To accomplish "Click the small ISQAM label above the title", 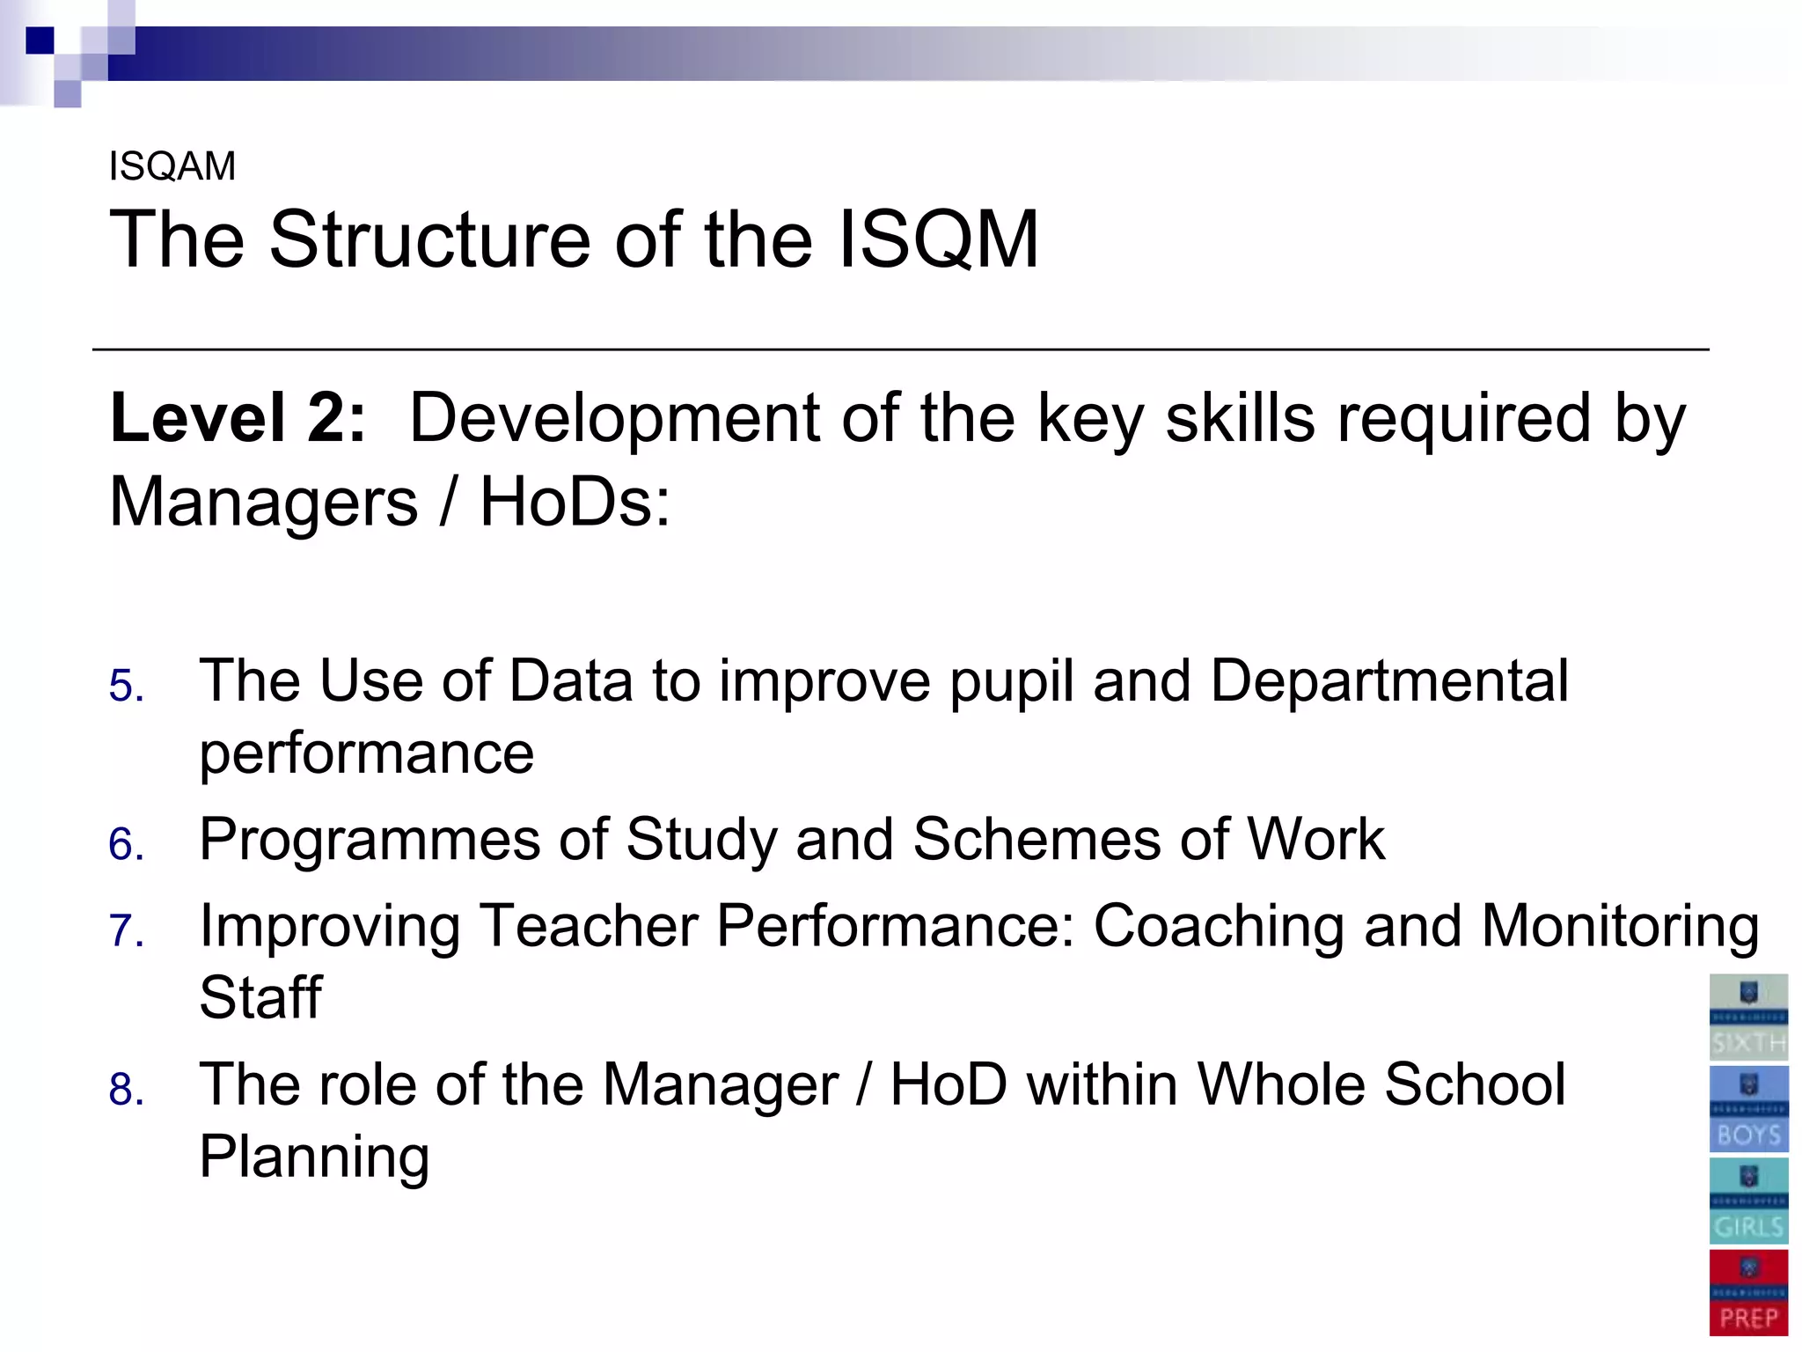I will tap(172, 166).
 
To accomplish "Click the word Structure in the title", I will tap(429, 239).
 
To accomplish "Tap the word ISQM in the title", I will tap(938, 239).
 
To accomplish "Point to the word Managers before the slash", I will tap(263, 502).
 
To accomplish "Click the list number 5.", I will tap(126, 686).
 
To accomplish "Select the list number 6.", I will tap(126, 844).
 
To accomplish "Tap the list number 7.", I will tap(126, 930).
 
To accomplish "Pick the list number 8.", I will tap(126, 1089).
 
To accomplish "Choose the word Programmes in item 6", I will tap(369, 839).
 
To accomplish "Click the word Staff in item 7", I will tap(260, 997).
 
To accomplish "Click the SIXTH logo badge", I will tap(1748, 1018).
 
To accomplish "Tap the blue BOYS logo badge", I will tap(1748, 1109).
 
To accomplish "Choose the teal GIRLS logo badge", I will tap(1748, 1201).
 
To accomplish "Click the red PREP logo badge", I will tap(1748, 1292).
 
